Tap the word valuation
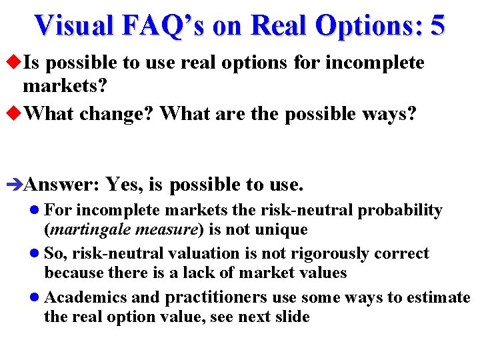(204, 254)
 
